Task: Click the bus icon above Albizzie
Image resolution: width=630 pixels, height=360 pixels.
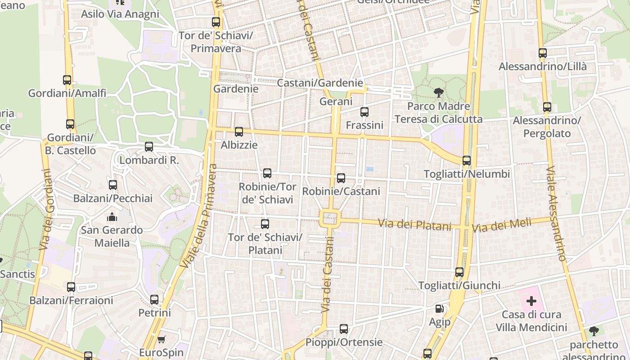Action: click(x=239, y=132)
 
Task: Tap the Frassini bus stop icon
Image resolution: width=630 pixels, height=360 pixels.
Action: click(x=364, y=112)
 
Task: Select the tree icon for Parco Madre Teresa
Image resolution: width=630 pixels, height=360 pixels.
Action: click(x=438, y=93)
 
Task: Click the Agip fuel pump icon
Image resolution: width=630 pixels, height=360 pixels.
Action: click(x=439, y=309)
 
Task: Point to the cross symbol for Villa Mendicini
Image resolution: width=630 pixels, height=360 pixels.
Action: click(x=531, y=301)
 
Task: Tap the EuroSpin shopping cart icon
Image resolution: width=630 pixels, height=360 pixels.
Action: click(x=162, y=339)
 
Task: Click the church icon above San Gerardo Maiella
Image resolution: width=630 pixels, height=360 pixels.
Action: click(x=112, y=217)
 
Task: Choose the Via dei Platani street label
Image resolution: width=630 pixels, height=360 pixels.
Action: click(x=414, y=224)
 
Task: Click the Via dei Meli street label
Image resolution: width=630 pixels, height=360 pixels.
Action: click(x=501, y=225)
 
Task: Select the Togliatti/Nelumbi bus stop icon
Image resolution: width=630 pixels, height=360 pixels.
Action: click(x=467, y=161)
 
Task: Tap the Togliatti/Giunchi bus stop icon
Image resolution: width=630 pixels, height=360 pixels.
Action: click(x=459, y=272)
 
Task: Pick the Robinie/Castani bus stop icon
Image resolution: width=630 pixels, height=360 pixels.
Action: click(x=341, y=178)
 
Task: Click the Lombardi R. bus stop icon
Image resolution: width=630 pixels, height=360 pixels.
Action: click(x=149, y=147)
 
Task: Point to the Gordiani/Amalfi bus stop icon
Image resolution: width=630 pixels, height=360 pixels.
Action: click(x=67, y=80)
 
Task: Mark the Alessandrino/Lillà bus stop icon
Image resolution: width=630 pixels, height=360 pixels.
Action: click(x=543, y=53)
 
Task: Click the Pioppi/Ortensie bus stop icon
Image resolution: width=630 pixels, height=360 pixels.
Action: click(x=344, y=329)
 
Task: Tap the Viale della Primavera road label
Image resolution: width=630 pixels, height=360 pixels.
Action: click(x=198, y=216)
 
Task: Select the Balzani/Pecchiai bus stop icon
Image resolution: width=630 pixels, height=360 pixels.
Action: click(x=113, y=185)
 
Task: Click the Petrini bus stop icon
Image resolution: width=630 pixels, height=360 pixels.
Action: click(x=154, y=299)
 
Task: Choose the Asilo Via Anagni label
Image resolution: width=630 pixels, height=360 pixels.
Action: click(x=120, y=14)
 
